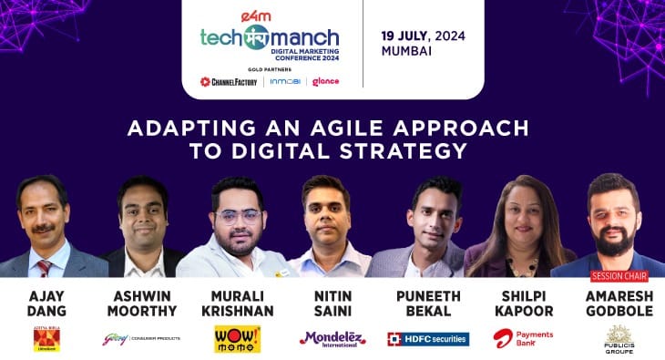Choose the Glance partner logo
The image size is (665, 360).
pyautogui.click(x=325, y=81)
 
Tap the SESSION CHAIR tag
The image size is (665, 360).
pyautogui.click(x=619, y=276)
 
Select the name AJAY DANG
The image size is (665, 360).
pyautogui.click(x=43, y=303)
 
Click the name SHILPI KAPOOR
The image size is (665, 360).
pyautogui.click(x=524, y=303)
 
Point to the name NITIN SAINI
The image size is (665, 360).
pyautogui.click(x=332, y=303)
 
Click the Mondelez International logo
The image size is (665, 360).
pyautogui.click(x=332, y=338)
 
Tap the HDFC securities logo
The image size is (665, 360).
pyautogui.click(x=428, y=339)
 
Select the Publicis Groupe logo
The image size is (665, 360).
pyautogui.click(x=619, y=339)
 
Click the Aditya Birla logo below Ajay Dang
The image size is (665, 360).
pyautogui.click(x=43, y=339)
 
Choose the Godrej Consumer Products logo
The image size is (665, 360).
pyautogui.click(x=141, y=338)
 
